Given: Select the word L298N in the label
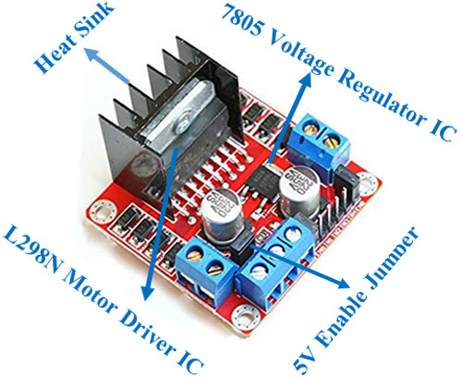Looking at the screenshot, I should coord(37,250).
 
